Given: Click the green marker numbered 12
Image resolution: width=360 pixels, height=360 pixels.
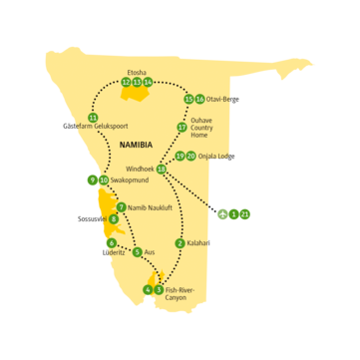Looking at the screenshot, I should [x=126, y=83].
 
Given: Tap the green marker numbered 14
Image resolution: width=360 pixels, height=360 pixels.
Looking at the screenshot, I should [x=148, y=83].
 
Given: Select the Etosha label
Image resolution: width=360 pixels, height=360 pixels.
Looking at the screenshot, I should [x=137, y=71].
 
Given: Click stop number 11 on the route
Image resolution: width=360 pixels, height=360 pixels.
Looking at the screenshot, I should [x=93, y=119].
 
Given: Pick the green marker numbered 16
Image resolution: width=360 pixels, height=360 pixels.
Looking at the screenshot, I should [x=200, y=100].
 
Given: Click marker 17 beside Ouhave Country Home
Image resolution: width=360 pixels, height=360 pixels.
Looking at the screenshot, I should [x=181, y=128].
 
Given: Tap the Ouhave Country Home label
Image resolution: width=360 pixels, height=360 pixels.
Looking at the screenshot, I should [x=207, y=127].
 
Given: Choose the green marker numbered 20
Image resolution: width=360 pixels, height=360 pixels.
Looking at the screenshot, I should [x=191, y=157].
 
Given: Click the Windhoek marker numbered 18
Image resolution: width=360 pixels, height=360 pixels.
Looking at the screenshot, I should [x=162, y=170].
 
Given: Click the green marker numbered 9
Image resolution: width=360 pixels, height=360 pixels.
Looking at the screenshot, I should [x=92, y=180].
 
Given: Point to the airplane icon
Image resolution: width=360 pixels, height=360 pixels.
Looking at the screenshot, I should [x=221, y=212].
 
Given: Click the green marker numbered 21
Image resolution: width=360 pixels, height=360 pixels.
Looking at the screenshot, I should [x=245, y=213].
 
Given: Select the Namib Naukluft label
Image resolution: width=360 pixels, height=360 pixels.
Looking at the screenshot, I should [x=150, y=207].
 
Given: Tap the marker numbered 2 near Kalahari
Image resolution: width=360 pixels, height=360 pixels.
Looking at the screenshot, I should [x=180, y=243].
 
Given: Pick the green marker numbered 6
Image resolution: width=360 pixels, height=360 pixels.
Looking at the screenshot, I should [x=112, y=243].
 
